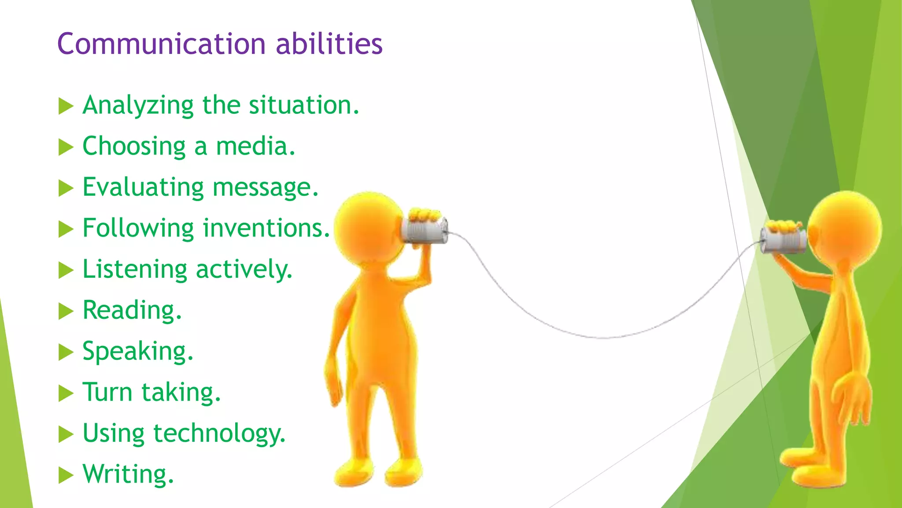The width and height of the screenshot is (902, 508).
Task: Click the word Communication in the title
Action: [161, 44]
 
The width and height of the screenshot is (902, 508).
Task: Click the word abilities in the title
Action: [329, 44]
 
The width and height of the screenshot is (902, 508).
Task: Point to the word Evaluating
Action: [143, 187]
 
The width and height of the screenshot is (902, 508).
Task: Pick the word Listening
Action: [135, 269]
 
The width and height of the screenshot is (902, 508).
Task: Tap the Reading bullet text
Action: [132, 310]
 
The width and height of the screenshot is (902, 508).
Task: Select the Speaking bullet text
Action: [138, 351]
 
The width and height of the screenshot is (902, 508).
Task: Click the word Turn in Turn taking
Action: [107, 392]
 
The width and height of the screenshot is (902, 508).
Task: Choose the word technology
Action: [219, 433]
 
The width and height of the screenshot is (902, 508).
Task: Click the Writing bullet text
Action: [128, 474]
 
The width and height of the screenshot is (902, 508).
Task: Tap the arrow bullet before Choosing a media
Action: [66, 147]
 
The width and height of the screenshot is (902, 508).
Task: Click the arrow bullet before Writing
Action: [66, 475]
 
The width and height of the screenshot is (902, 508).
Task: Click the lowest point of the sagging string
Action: [603, 338]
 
